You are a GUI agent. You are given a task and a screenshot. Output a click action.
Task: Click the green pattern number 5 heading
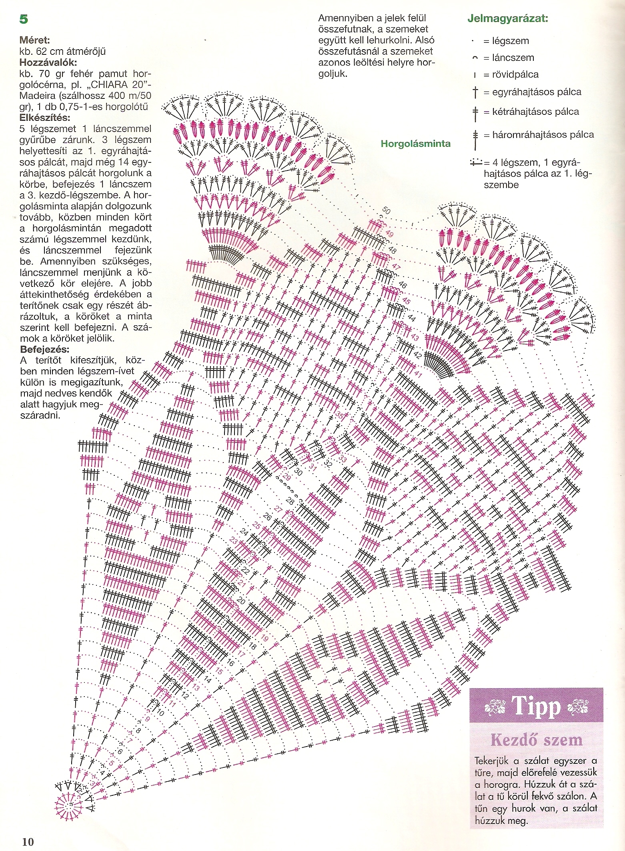tap(24, 19)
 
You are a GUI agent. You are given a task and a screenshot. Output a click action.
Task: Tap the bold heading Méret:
tap(35, 40)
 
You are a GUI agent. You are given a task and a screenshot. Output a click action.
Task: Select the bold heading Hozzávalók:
tap(48, 62)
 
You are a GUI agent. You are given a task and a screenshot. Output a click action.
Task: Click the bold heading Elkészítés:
tap(45, 118)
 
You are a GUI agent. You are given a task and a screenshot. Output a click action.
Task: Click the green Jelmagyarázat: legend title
tap(508, 19)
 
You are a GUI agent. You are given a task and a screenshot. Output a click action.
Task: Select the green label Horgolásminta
tap(415, 144)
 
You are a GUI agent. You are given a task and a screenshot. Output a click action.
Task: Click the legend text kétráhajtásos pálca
tap(535, 112)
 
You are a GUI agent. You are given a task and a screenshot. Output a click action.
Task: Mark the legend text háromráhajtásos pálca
tap(543, 135)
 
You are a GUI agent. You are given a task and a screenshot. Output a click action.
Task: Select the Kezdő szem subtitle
tap(537, 740)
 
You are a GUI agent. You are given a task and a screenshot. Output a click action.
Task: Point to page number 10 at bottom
tap(28, 841)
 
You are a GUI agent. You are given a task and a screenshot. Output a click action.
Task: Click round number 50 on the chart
tap(386, 210)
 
